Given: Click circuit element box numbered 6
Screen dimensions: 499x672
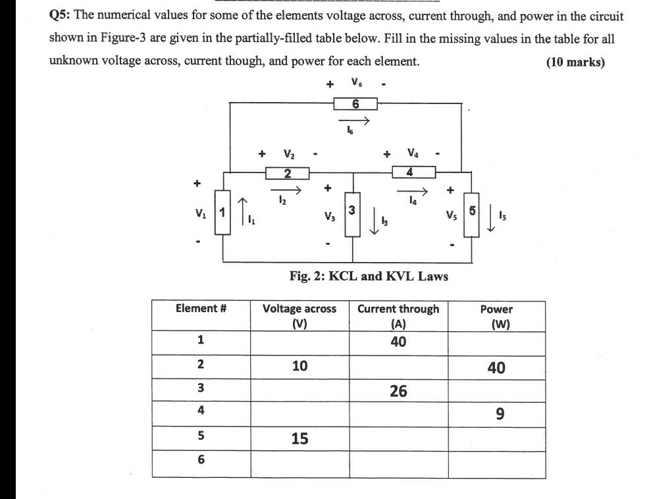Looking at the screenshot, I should [355, 103].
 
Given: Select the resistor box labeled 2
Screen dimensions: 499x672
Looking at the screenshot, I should [287, 173].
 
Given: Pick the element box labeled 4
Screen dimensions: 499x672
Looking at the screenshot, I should [413, 172].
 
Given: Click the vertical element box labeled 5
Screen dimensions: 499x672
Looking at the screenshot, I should [472, 213].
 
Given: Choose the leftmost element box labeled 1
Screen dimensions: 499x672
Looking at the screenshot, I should [223, 213].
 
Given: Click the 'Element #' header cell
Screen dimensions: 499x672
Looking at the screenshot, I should [201, 308].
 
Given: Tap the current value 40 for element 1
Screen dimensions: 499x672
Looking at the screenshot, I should [398, 342].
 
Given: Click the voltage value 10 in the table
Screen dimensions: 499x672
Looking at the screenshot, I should [299, 366].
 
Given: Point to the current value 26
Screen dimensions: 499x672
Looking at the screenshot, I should [398, 391].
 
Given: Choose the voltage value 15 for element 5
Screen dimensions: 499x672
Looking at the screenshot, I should [299, 438].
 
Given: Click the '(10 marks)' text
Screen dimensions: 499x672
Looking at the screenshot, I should [575, 62].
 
